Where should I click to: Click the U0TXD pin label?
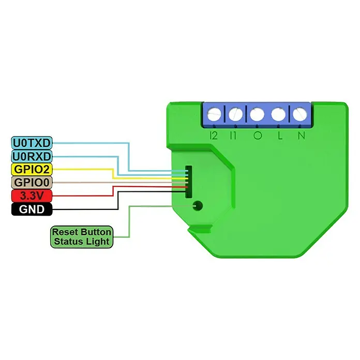(32, 143)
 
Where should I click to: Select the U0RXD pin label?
(32, 156)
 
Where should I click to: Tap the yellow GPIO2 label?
(32, 170)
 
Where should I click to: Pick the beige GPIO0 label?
(32, 183)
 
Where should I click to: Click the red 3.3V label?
(32, 196)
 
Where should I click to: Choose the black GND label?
(32, 209)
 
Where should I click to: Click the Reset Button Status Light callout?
(82, 237)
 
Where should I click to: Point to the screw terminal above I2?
(214, 114)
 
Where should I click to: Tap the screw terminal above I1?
(235, 114)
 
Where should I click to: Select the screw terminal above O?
(257, 114)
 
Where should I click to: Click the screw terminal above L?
(278, 114)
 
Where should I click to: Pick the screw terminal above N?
(300, 114)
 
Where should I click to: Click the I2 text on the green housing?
(214, 136)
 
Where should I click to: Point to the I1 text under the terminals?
(233, 136)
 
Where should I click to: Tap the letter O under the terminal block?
(258, 136)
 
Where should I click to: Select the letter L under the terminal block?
(280, 136)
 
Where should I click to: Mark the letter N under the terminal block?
(302, 136)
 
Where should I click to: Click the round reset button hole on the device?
(198, 206)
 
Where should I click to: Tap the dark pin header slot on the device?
(188, 182)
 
